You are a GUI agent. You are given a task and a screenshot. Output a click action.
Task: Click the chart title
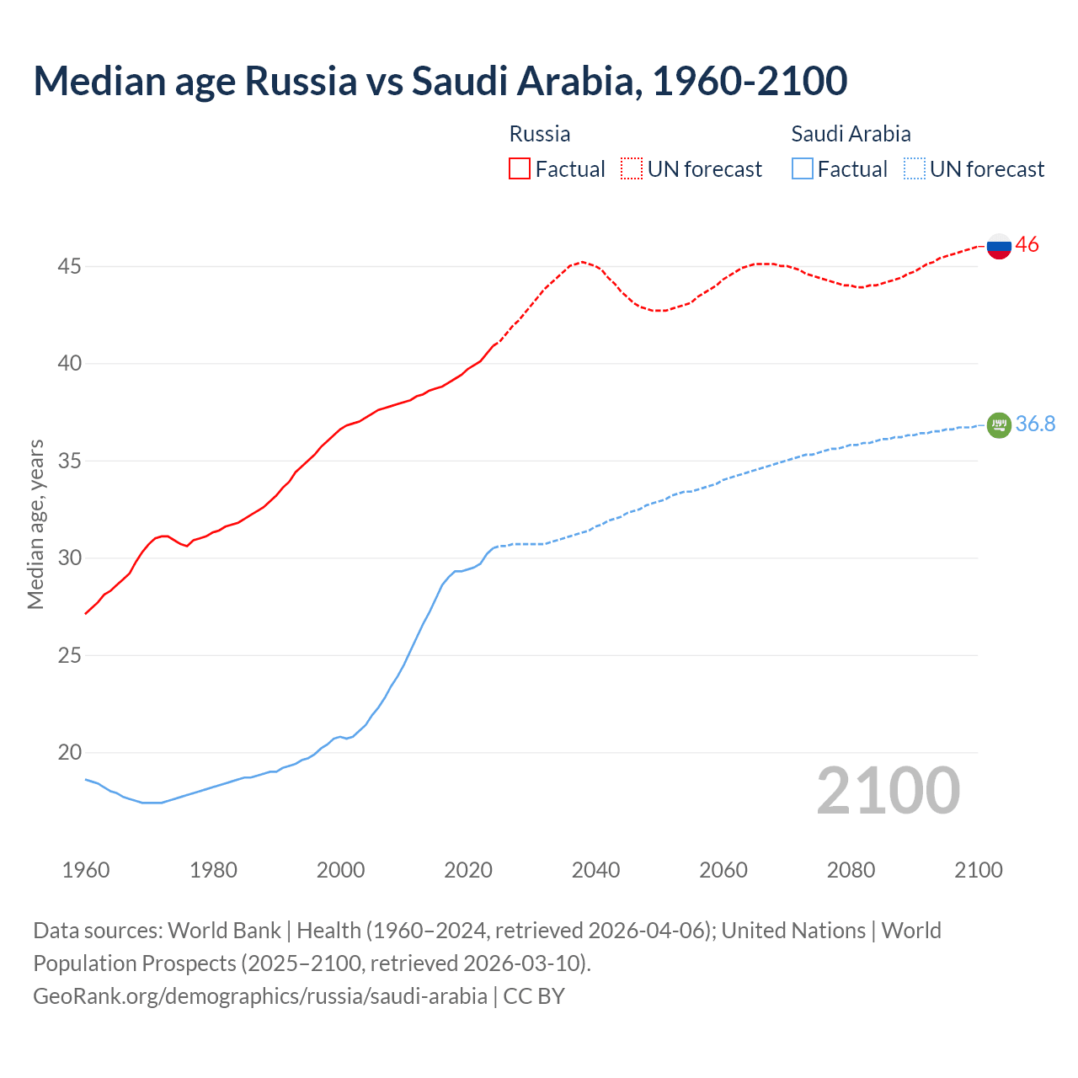[440, 81]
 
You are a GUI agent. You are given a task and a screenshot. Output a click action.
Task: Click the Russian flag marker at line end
[999, 246]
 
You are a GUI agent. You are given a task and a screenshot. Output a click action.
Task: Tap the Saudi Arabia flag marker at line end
[999, 424]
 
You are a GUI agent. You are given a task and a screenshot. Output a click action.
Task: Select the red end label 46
[1027, 245]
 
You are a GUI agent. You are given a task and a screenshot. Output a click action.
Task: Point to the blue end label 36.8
[1035, 424]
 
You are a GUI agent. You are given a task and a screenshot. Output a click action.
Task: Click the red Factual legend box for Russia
[520, 169]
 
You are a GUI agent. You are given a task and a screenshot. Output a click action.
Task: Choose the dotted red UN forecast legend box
[632, 169]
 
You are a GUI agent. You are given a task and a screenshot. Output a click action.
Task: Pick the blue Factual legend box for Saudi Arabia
[803, 169]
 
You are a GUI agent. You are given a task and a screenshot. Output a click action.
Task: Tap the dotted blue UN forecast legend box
[914, 169]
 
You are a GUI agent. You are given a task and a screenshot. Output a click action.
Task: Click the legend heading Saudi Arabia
[851, 134]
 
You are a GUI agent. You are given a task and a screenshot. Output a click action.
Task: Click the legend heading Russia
[540, 134]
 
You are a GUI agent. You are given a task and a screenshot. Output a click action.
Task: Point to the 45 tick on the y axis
[69, 267]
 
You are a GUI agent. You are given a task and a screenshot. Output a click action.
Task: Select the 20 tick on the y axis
[69, 753]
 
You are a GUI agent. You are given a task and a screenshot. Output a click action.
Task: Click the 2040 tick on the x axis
[595, 870]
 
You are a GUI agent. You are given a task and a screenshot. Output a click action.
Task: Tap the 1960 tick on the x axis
[86, 870]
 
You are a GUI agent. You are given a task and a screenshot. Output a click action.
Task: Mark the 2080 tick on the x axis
[851, 870]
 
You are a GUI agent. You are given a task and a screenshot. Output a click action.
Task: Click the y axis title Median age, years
[35, 524]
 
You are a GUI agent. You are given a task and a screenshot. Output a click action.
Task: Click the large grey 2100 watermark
[888, 791]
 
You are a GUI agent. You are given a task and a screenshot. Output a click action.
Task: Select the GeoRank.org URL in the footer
[260, 996]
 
